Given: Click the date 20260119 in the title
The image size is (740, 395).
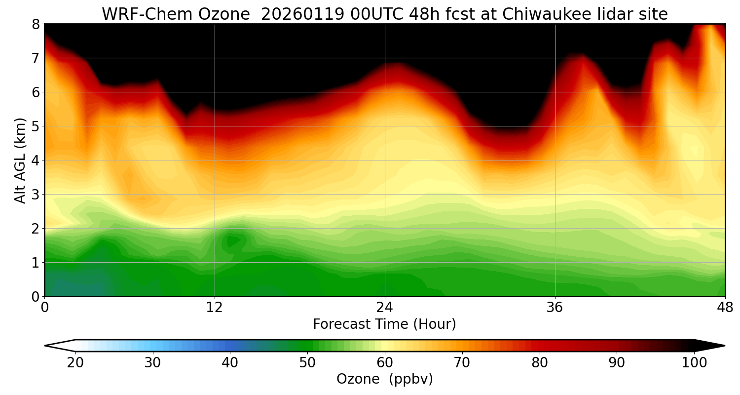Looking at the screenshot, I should tap(302, 14).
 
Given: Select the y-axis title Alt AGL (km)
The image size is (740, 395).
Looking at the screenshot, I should tap(20, 160).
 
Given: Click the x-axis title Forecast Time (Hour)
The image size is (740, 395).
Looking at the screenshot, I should tap(384, 324).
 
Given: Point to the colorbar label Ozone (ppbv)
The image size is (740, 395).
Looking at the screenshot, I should tap(384, 379).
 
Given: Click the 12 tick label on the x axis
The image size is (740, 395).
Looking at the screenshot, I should tap(215, 307).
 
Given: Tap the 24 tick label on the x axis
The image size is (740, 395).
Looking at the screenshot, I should tap(385, 307).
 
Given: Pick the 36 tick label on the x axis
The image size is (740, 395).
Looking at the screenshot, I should tap(555, 307).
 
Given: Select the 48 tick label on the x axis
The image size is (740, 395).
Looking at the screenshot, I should tap(725, 307).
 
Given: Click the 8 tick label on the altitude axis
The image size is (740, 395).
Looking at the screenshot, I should tap(36, 24).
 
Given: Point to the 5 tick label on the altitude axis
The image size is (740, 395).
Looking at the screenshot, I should tap(36, 126).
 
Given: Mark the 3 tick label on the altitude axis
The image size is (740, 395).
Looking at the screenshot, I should tap(36, 194).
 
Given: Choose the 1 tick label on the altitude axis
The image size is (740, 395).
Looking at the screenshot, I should tap(36, 262).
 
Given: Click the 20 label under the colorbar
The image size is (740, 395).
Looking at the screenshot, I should tap(75, 363).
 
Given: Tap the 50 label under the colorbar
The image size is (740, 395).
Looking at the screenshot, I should tap(307, 363).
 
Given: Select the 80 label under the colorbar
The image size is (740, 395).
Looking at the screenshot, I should tap(540, 363).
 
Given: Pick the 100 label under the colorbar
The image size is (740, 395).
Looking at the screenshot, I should tap(694, 363).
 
